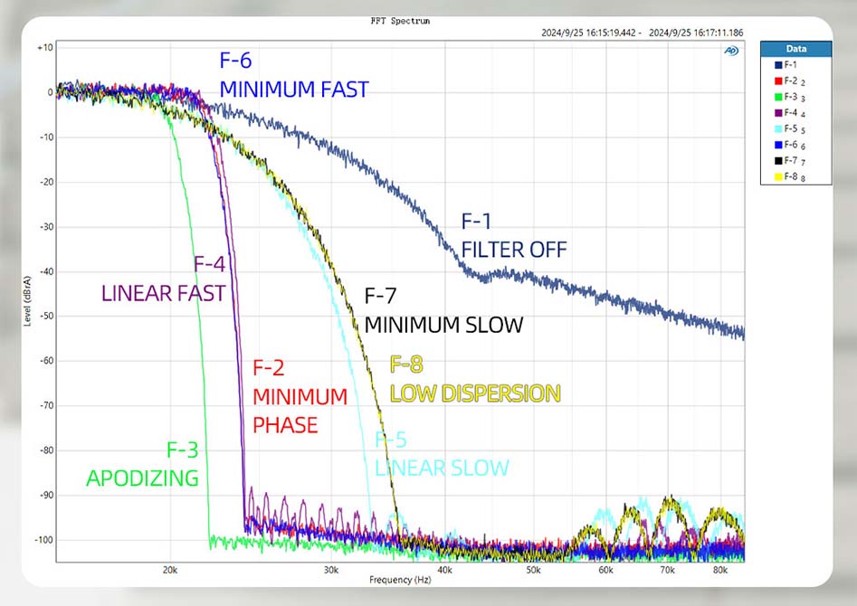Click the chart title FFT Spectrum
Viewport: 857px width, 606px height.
click(400, 21)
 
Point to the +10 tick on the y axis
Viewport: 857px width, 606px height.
click(43, 47)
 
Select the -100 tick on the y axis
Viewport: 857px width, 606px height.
click(42, 540)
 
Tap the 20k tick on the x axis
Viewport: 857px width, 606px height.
click(169, 571)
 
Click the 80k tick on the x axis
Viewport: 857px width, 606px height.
click(720, 571)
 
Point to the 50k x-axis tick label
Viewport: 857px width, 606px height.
click(533, 571)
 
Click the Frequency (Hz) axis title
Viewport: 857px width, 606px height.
click(400, 580)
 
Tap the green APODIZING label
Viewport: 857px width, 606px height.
click(142, 478)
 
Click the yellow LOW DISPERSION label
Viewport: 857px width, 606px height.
click(475, 393)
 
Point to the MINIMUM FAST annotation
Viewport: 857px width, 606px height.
click(294, 89)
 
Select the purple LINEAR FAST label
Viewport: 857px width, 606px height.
click(163, 293)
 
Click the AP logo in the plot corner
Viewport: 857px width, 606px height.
click(731, 51)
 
